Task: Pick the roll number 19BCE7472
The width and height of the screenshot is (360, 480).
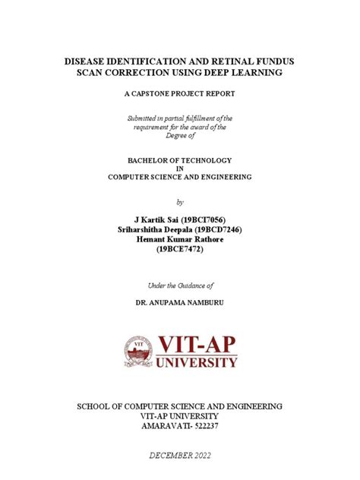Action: (x=180, y=248)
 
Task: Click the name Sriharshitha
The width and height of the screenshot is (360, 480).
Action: (x=145, y=229)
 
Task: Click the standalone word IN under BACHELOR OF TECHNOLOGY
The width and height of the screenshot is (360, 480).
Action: (x=180, y=169)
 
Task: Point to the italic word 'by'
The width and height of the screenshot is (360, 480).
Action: (x=180, y=201)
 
